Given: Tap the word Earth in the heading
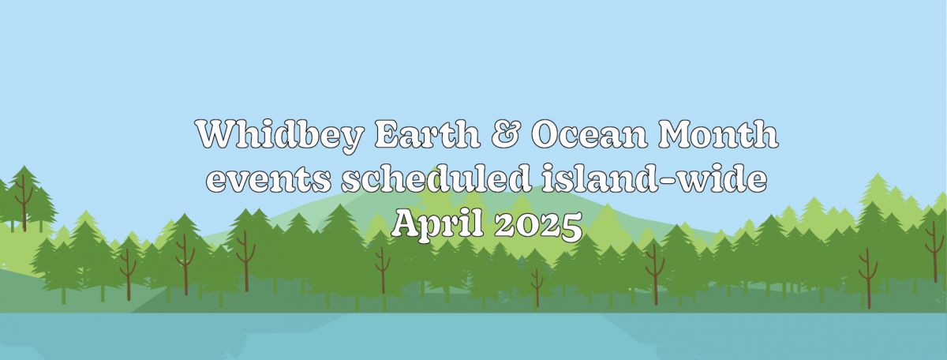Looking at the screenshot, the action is coord(428,133).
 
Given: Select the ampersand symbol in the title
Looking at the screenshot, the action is coord(506,134).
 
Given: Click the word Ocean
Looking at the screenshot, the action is coord(590,134).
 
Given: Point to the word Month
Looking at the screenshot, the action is coord(718,133).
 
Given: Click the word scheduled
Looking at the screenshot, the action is coord(436,178).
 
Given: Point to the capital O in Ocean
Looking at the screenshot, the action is coord(546,134).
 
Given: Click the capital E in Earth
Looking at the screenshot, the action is coord(387,134).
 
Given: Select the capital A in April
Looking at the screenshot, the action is coord(405,223).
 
